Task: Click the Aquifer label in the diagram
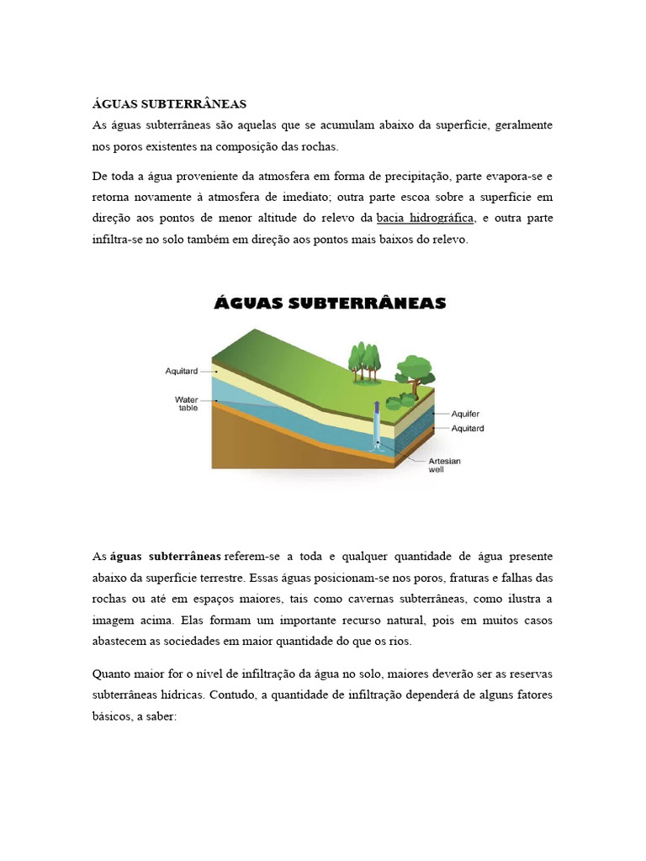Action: [x=466, y=415]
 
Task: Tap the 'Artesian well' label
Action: [x=445, y=465]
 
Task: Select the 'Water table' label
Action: [x=186, y=404]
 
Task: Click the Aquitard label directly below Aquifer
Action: [x=468, y=428]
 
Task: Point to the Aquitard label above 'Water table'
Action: [x=182, y=370]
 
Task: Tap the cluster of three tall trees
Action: [x=364, y=360]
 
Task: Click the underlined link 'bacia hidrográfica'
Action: [x=426, y=218]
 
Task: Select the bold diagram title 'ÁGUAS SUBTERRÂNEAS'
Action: [x=330, y=303]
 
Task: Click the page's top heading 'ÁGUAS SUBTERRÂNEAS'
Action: [x=169, y=104]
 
